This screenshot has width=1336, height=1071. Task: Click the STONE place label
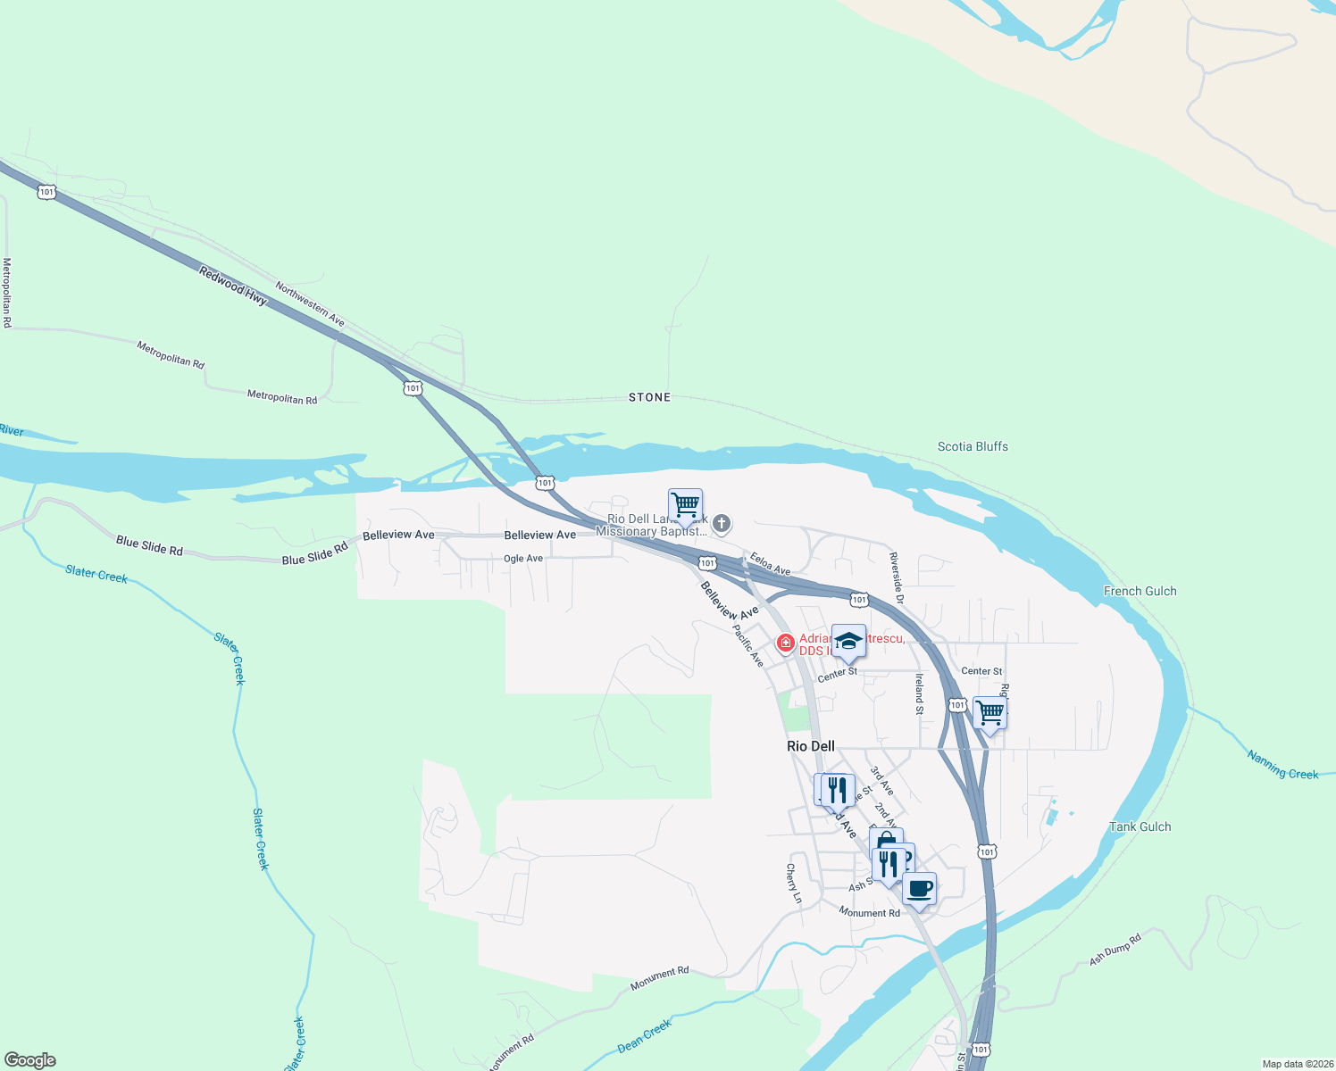649,397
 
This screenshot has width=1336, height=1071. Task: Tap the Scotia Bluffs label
973,446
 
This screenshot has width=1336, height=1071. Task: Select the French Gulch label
1140,591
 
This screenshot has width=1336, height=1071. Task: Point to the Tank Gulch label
1140,826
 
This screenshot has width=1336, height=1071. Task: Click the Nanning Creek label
1282,766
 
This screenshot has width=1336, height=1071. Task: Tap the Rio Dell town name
811,746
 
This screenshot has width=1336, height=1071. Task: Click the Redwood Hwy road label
233,286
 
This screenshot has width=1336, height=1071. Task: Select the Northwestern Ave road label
310,304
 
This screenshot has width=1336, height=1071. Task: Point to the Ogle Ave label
523,559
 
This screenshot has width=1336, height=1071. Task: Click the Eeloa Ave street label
770,564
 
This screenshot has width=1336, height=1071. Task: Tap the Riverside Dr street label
897,577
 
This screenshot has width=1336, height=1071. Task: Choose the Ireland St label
918,694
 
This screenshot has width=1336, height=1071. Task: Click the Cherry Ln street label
793,884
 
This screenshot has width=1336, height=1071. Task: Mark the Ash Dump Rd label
1115,950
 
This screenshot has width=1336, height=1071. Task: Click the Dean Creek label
644,1036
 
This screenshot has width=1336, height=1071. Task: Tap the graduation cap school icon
848,641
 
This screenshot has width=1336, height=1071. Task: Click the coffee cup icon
919,889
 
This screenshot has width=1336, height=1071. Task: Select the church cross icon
722,524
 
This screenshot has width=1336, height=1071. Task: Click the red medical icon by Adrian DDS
785,643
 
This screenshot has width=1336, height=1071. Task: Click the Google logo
30,1059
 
